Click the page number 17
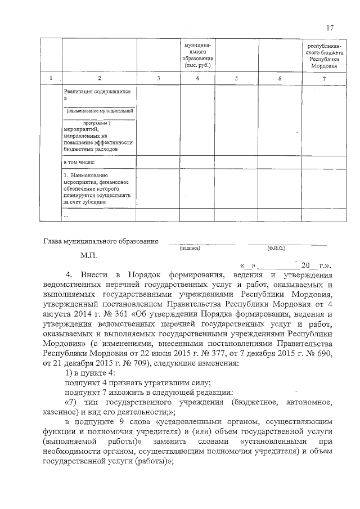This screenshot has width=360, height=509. (x=330, y=28)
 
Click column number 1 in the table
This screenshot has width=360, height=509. (x=51, y=78)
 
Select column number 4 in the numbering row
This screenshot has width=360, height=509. (x=197, y=78)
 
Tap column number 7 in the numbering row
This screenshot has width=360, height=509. (x=324, y=78)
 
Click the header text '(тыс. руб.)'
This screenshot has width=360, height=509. (x=197, y=65)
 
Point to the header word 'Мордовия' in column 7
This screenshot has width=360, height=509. (x=324, y=66)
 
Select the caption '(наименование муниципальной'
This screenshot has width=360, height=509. (x=99, y=112)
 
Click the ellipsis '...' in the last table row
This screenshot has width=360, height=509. (x=66, y=215)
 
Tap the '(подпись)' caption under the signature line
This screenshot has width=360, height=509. (x=190, y=247)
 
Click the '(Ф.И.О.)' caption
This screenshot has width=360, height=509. (x=276, y=247)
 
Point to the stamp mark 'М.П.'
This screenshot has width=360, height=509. (x=89, y=255)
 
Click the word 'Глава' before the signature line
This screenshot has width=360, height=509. (x=53, y=241)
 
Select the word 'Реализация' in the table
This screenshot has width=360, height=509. (x=80, y=91)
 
